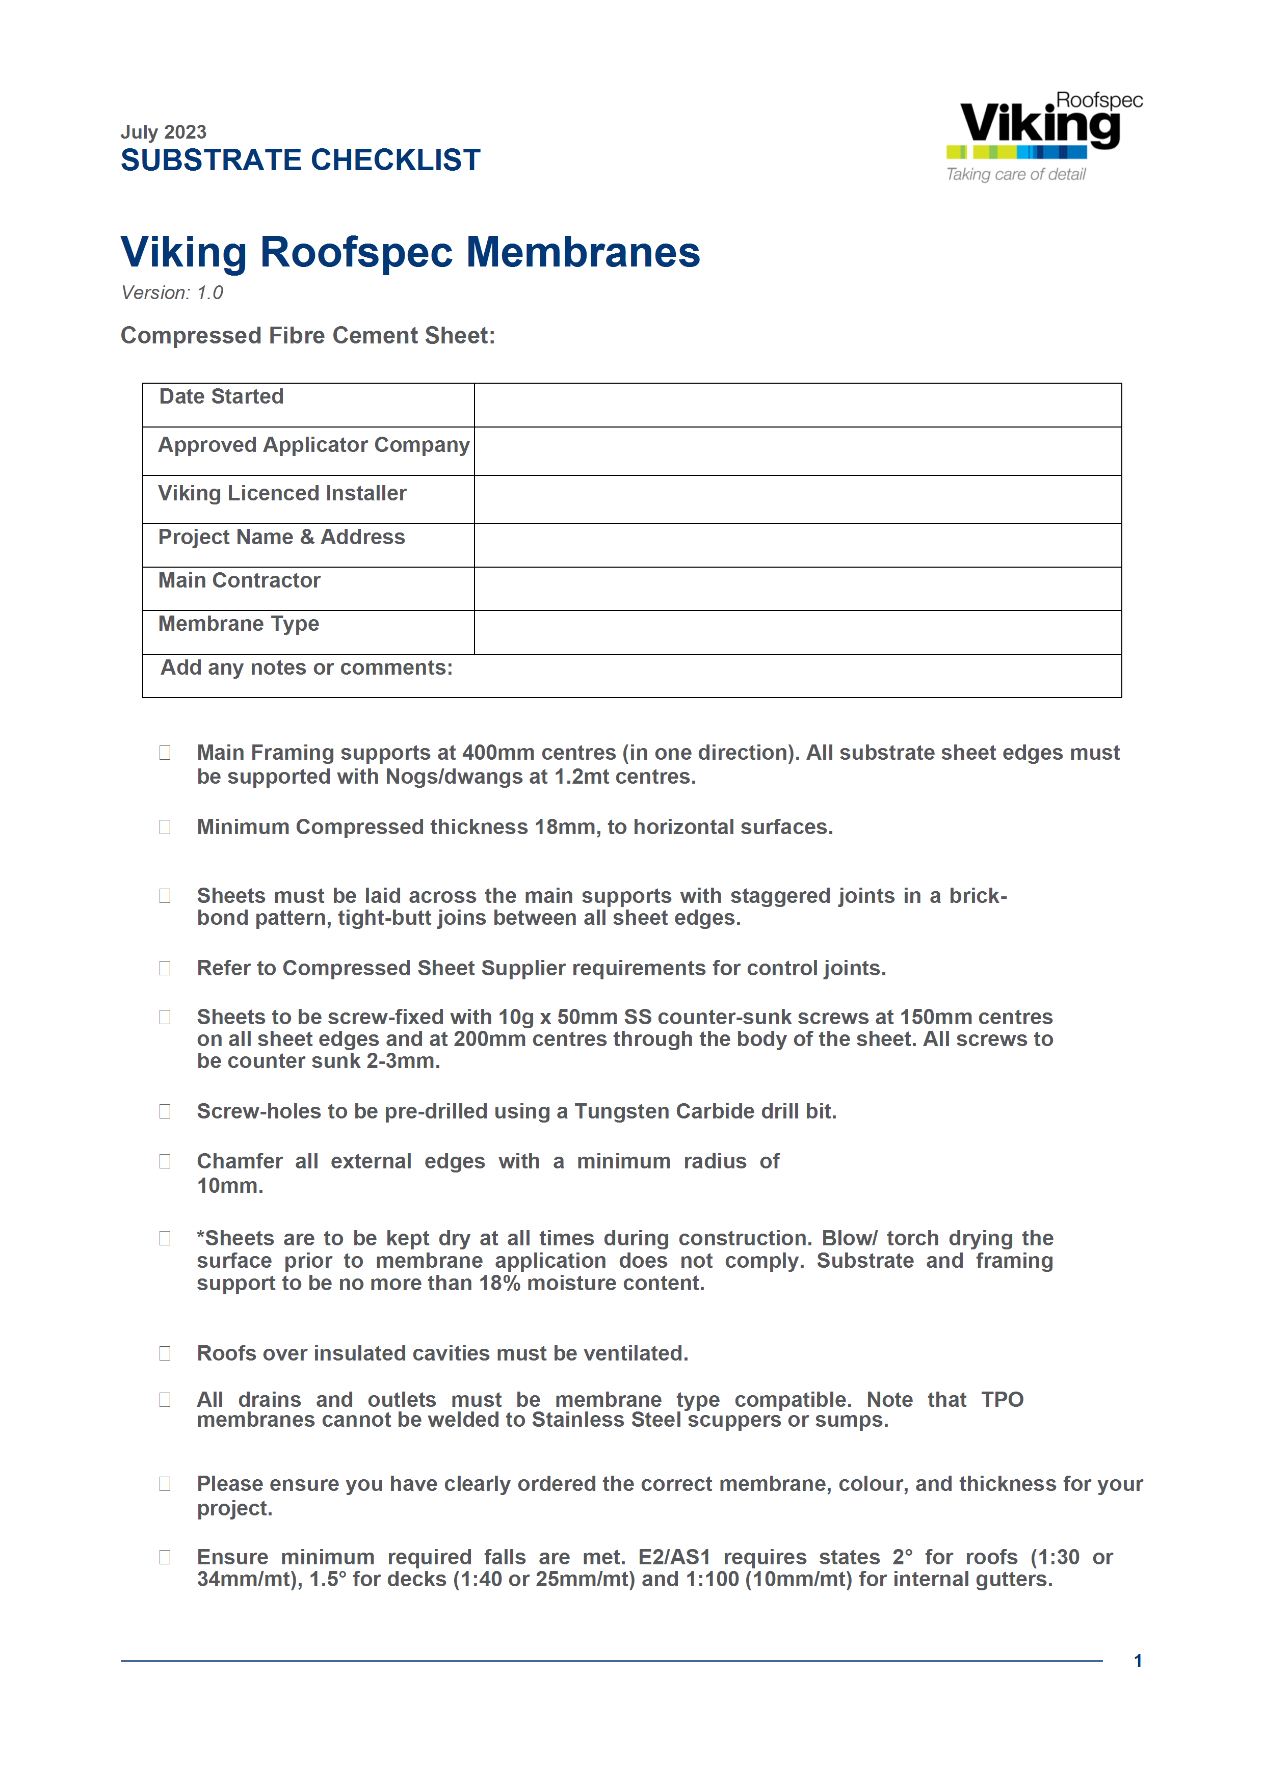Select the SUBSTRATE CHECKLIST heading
300,161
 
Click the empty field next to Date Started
797,405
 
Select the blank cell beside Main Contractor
797,589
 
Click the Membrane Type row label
238,624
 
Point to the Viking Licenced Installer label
282,493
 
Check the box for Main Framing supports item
165,753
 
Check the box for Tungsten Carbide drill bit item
165,1111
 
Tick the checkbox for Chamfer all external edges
165,1161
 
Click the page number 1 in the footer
1138,1661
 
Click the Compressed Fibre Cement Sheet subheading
307,335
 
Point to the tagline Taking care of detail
1016,174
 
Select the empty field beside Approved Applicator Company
797,451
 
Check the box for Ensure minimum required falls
165,1557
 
